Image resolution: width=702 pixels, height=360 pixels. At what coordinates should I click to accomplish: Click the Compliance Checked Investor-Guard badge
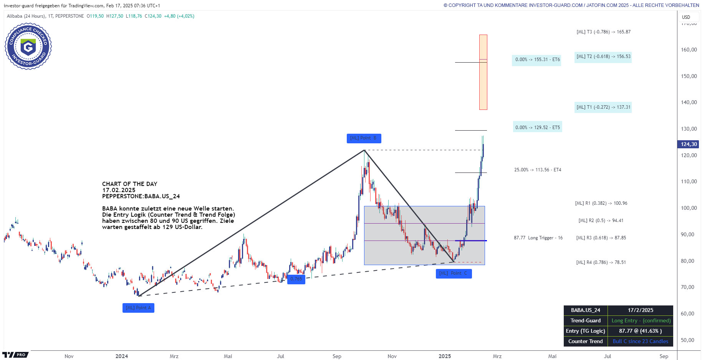tap(28, 46)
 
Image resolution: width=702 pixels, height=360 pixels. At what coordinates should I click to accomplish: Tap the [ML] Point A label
tap(138, 308)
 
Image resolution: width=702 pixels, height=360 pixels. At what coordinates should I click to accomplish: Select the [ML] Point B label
tap(364, 138)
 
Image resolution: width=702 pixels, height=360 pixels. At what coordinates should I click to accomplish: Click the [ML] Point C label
tap(454, 274)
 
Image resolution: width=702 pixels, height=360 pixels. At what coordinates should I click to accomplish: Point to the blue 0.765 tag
tap(296, 279)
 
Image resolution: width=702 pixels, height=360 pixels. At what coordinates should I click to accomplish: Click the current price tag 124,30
tap(688, 144)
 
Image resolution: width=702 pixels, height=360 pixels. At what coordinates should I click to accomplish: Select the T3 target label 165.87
tap(603, 32)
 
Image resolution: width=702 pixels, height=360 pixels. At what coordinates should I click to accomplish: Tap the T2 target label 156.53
tap(603, 56)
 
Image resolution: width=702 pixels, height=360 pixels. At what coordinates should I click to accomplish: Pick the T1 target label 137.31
tap(603, 107)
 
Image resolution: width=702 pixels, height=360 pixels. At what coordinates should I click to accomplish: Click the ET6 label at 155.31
tap(537, 60)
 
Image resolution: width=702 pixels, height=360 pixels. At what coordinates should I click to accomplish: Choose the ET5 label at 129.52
tap(537, 128)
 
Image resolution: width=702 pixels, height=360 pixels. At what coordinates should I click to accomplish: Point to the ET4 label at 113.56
tap(538, 170)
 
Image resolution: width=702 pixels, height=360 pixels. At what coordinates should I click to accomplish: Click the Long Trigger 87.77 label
tap(538, 238)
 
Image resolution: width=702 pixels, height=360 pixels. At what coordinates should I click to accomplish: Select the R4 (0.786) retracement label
tap(601, 262)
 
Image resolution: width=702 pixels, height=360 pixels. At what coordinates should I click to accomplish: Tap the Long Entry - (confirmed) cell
tap(641, 321)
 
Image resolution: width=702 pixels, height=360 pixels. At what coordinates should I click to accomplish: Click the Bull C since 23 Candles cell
tap(640, 341)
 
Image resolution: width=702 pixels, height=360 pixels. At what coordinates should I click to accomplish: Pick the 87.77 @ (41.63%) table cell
tap(640, 331)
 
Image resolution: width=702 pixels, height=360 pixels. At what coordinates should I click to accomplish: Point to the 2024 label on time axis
tap(122, 356)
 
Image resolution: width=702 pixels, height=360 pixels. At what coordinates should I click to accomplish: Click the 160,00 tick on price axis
tap(689, 50)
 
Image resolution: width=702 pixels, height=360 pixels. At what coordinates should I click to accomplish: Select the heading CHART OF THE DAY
tap(129, 184)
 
